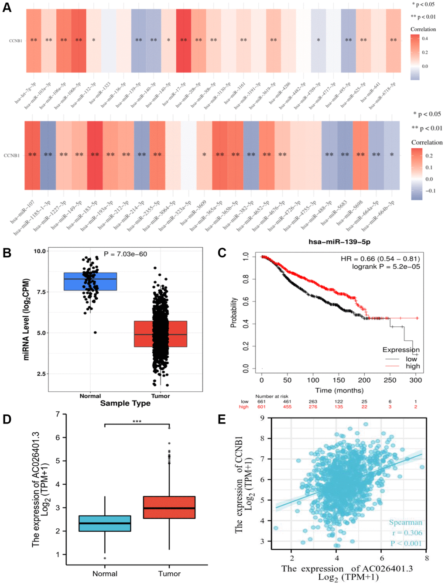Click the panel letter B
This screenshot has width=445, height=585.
(x=7, y=253)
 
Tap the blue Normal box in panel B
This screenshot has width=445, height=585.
(x=90, y=281)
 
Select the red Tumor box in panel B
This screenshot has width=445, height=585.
(x=161, y=334)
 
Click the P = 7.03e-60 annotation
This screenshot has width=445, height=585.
(x=125, y=254)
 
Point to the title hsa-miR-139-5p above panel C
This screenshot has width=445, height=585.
(x=339, y=242)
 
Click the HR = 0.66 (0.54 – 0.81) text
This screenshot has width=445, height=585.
(x=380, y=259)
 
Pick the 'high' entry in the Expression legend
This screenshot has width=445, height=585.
(x=413, y=366)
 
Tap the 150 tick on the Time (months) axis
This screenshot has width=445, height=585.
(x=339, y=380)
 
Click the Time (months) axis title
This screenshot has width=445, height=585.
(x=339, y=390)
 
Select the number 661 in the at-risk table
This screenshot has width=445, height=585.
(x=261, y=401)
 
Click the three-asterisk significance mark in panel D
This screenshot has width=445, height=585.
(x=137, y=422)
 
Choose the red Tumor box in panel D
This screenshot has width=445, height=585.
(x=169, y=507)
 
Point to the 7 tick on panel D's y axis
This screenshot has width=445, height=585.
(x=58, y=414)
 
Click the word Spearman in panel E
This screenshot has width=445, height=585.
(x=405, y=522)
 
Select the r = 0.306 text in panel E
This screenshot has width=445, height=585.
(x=407, y=533)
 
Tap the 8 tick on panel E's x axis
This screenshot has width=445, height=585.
(x=427, y=558)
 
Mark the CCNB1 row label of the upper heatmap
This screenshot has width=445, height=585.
(x=16, y=41)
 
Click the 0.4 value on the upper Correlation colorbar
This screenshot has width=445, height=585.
(x=425, y=38)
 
